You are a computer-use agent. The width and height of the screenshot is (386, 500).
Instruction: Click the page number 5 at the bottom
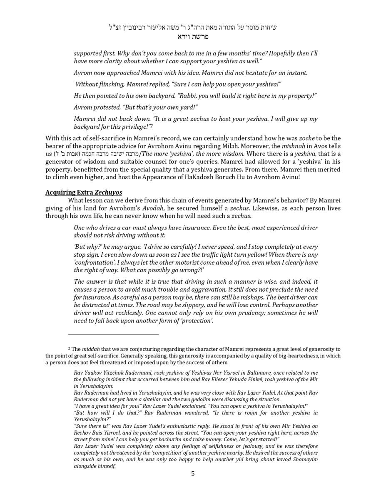click(193, 474)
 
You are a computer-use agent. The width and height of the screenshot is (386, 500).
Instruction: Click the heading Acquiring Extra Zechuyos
click(84, 192)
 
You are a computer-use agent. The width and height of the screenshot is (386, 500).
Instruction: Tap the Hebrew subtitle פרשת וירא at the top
click(193, 37)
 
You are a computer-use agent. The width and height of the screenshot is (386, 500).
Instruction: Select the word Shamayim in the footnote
click(305, 460)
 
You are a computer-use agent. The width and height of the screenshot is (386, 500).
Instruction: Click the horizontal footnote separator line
click(113, 334)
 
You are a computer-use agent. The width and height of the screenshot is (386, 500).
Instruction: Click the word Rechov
click(82, 433)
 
